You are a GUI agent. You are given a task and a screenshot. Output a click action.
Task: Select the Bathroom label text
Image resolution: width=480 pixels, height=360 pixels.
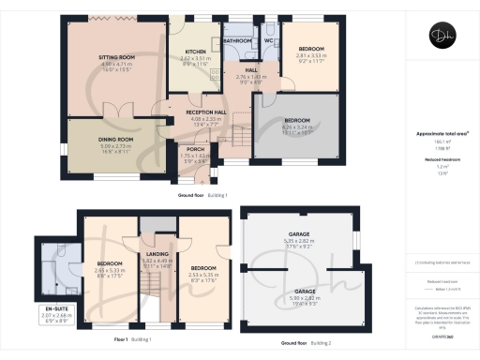click(x=238, y=41)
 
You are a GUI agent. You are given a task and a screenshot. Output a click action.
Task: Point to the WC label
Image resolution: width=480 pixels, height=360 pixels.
click(x=268, y=41)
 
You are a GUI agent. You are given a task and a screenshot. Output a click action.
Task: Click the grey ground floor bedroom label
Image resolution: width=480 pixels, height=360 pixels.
click(x=298, y=121)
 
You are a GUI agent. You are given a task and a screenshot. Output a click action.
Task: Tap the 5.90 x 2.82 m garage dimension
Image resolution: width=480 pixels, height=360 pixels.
click(x=298, y=298)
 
